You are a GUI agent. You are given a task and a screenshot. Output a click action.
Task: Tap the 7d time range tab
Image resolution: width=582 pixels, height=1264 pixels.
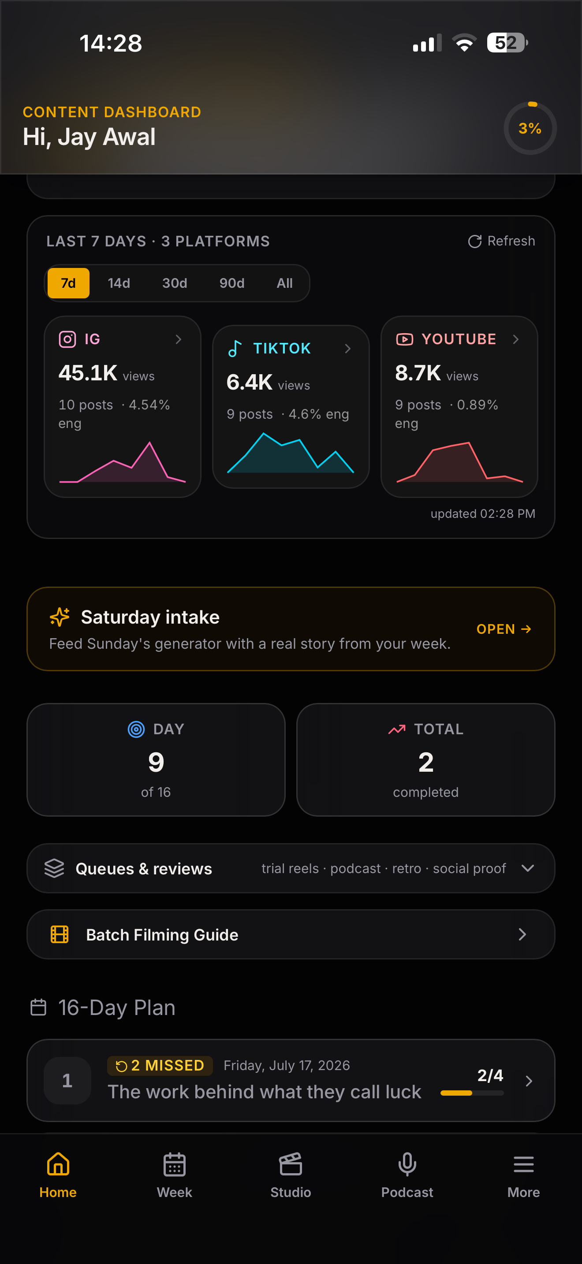tap(68, 283)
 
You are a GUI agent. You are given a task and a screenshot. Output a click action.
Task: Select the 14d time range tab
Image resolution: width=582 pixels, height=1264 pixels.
tap(119, 283)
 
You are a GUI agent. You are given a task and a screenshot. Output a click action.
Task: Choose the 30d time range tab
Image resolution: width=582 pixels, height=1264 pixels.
tap(175, 283)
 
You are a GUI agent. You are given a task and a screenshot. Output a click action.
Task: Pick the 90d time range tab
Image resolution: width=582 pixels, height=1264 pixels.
tap(231, 283)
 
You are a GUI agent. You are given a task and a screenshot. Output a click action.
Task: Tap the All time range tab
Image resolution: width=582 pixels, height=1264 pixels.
tap(285, 283)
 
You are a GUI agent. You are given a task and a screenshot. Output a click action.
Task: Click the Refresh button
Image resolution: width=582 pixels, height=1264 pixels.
tap(501, 241)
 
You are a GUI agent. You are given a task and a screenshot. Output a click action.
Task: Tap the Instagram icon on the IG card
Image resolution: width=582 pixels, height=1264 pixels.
tap(67, 339)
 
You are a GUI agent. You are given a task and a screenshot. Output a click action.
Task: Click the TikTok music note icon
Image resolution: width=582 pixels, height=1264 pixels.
tap(235, 348)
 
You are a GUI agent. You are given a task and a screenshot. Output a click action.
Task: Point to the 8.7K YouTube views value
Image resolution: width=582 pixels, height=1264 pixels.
tap(418, 373)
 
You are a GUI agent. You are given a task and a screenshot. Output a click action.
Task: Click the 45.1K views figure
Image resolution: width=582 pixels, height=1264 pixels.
tap(88, 373)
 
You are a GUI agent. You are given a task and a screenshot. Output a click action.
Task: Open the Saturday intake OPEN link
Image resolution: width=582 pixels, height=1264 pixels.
tap(504, 629)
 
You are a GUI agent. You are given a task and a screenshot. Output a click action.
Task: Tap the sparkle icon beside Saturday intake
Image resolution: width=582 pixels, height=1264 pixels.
tap(60, 617)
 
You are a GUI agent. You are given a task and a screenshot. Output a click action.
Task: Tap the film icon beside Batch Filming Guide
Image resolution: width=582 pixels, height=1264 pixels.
tap(60, 934)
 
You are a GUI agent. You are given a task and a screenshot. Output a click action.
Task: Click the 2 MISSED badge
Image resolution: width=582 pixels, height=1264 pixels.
tap(160, 1065)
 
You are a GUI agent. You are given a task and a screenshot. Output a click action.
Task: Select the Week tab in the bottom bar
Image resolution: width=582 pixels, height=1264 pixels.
tap(174, 1175)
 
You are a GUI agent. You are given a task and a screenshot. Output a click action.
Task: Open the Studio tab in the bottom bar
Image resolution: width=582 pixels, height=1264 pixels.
tap(291, 1175)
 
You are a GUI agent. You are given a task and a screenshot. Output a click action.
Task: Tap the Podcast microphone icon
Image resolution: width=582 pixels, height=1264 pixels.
tap(407, 1164)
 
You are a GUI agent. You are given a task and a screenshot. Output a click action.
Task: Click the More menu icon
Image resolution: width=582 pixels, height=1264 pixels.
tap(524, 1164)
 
